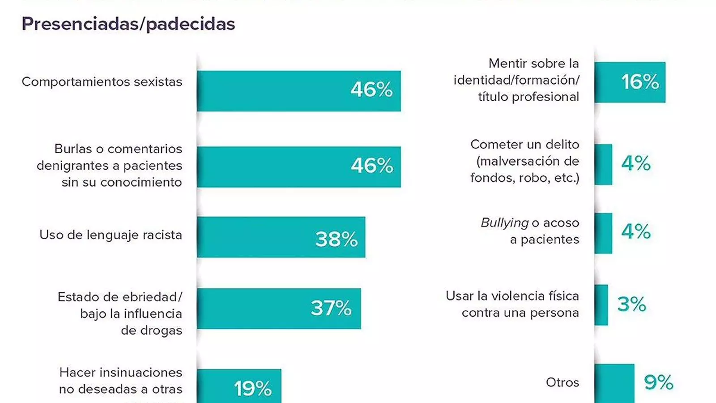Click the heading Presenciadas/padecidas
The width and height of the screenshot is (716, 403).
click(128, 24)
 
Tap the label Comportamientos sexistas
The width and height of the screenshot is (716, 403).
click(102, 82)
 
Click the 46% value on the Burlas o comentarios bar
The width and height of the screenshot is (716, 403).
click(372, 166)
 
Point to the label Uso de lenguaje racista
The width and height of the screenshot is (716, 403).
click(111, 235)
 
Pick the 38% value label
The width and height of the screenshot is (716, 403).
click(337, 239)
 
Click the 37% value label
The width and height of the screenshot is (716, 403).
click(331, 309)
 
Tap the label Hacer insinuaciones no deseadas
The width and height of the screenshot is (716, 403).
click(121, 381)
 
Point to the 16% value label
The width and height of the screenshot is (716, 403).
click(640, 82)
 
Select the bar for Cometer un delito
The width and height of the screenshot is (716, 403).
click(603, 164)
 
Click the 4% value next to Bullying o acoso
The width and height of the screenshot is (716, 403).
click(636, 232)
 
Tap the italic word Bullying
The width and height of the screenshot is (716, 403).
click(505, 223)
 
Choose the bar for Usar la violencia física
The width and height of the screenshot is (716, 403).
click(601, 305)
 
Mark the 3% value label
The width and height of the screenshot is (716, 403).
click(631, 304)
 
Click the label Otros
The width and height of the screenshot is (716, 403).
click(563, 382)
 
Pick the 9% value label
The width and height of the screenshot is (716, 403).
click(658, 382)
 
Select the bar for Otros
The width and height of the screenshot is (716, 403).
click(614, 384)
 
